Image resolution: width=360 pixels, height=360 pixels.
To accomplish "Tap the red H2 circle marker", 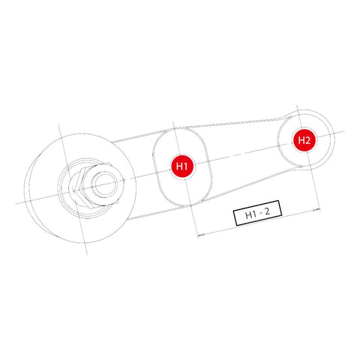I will pyautogui.click(x=303, y=139).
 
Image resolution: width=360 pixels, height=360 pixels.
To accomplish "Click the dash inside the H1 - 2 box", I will pyautogui.click(x=261, y=215).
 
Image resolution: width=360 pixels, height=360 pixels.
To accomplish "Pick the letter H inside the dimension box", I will pyautogui.click(x=248, y=215).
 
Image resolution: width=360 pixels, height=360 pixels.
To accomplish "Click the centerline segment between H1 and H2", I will pyautogui.click(x=240, y=153).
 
